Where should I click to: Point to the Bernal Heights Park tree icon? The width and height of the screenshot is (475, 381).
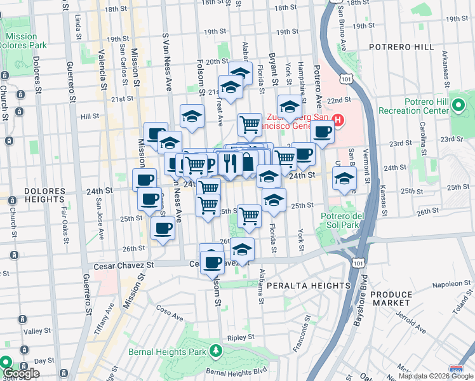(x=216, y=351)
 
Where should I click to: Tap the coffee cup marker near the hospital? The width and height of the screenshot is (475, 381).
(x=323, y=133)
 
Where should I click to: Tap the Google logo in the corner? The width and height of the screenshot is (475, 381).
(x=20, y=373)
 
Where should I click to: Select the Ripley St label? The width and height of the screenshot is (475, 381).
(x=241, y=337)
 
